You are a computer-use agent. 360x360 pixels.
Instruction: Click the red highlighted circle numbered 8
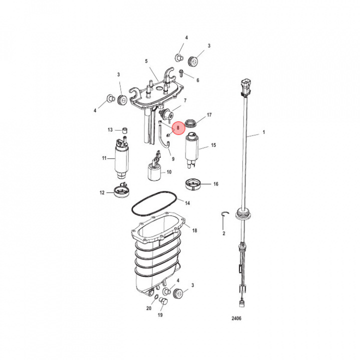click(x=178, y=128)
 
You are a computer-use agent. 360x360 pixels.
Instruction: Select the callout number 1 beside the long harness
click(x=264, y=132)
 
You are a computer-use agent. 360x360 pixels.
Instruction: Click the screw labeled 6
click(x=181, y=72)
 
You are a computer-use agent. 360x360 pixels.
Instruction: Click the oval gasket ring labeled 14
click(x=154, y=203)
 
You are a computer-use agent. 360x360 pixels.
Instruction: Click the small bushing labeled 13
click(x=124, y=130)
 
